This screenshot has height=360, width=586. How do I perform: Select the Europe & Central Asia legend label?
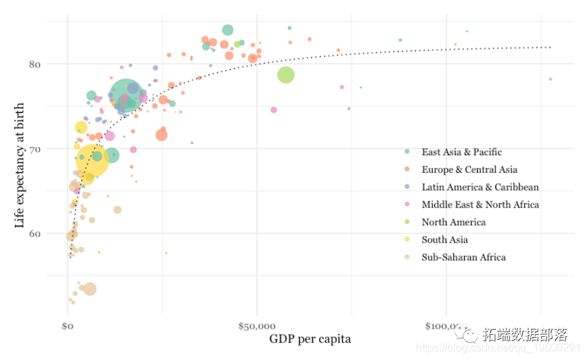pos(469,169)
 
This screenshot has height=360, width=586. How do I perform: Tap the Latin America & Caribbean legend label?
pos(480,187)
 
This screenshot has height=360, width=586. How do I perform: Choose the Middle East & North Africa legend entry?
pos(480,205)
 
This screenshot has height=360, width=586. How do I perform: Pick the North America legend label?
pos(453,222)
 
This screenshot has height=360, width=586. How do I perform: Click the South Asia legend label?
pos(444,240)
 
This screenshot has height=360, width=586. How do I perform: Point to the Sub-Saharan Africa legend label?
pos(463,258)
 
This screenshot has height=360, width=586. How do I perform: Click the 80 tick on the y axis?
pos(35,64)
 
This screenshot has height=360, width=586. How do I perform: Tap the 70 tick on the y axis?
pos(35,149)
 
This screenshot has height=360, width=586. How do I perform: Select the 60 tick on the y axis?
pos(35,234)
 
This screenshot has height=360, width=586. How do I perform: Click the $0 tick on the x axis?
pos(67,327)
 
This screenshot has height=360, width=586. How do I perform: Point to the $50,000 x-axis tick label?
pos(256,327)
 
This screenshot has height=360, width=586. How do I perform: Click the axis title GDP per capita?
pos(310,339)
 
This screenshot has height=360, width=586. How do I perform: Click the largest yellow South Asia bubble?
pos(93,160)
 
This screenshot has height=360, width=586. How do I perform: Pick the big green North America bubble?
pos(286,75)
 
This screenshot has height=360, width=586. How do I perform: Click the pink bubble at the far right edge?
pos(550,79)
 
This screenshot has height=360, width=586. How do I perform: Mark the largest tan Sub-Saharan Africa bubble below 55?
pos(89,289)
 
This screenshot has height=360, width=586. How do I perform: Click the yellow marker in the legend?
pos(407,240)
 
